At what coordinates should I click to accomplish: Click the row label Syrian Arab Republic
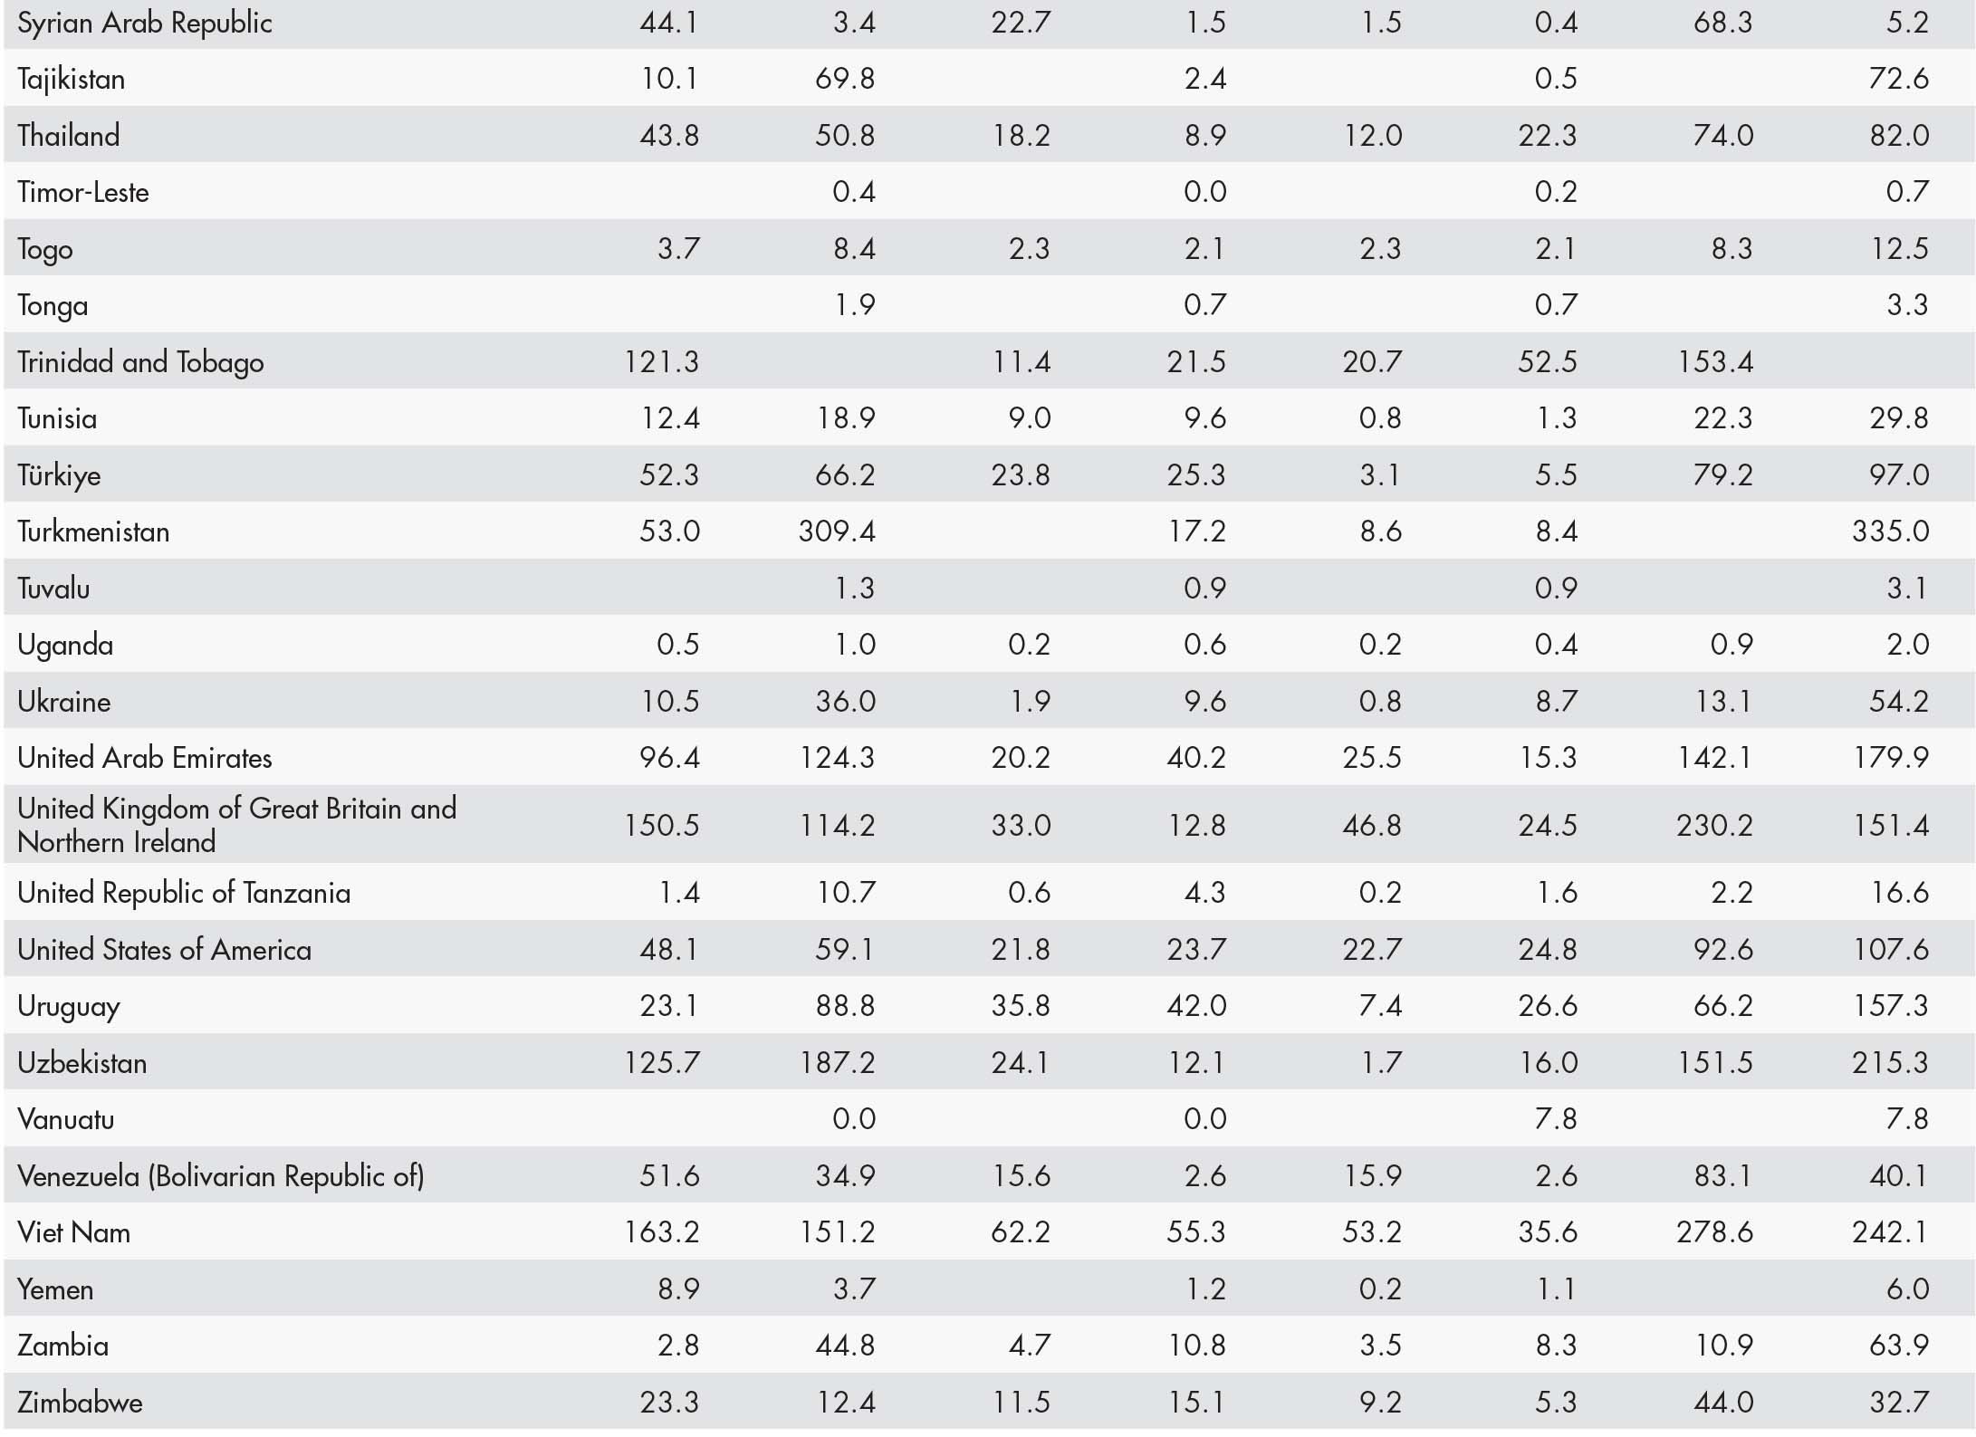(144, 23)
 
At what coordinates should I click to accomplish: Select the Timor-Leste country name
(82, 192)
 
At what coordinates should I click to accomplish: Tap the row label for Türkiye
(59, 474)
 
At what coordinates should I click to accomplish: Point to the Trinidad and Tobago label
(140, 362)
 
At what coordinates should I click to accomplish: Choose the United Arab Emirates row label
(144, 757)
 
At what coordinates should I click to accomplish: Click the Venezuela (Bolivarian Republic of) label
(220, 1175)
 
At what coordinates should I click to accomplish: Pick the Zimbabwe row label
(80, 1402)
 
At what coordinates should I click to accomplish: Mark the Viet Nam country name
(73, 1232)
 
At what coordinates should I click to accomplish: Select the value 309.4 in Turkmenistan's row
(837, 531)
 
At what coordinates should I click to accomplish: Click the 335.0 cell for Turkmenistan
(1890, 531)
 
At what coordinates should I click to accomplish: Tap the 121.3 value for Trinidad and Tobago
(661, 362)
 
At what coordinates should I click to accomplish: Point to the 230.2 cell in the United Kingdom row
(1714, 825)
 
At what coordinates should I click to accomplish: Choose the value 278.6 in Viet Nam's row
(1714, 1232)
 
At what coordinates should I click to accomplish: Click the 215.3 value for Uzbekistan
(1890, 1062)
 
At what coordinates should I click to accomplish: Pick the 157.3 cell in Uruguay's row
(1890, 1006)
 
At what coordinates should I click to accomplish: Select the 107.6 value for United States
(1890, 949)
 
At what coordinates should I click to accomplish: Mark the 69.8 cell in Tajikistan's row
(845, 79)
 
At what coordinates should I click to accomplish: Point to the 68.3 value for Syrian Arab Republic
(1722, 23)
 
